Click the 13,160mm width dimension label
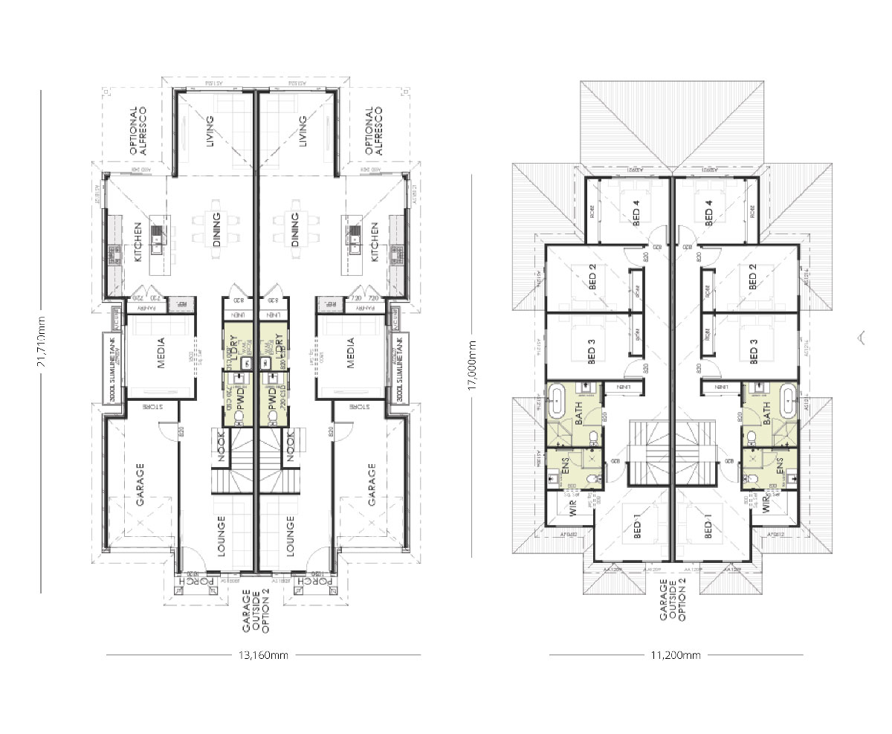click(x=262, y=655)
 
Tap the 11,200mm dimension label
click(x=675, y=655)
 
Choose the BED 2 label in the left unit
click(x=592, y=278)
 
